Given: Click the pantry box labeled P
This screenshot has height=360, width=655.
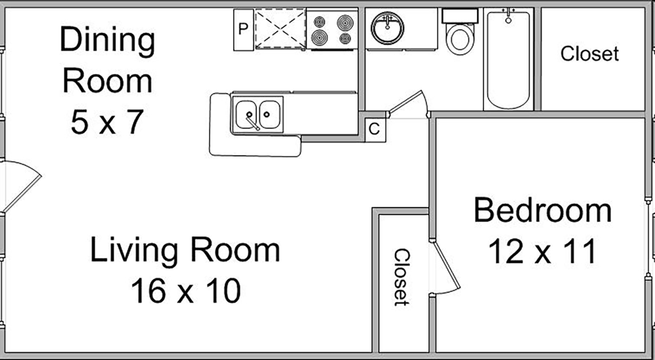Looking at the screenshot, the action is tap(244, 29).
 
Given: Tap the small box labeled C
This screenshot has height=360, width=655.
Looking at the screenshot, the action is tap(375, 130).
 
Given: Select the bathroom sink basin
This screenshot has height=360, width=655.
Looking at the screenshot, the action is tap(387, 28).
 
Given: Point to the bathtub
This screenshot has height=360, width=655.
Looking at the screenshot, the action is tap(508, 59).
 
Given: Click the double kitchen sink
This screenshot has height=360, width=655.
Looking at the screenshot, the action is tap(257, 115).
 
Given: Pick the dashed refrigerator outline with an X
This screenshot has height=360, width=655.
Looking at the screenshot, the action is tap(280, 28).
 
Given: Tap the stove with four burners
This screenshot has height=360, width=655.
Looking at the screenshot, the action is tap(332, 29).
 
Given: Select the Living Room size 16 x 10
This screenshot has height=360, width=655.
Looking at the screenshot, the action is tap(186, 291).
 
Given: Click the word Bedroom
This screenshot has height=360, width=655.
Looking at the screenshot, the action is tap(542, 211).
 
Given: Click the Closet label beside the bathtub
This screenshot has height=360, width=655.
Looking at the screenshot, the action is tap(589, 54).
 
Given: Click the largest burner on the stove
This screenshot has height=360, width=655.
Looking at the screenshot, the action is tap(345, 22).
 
